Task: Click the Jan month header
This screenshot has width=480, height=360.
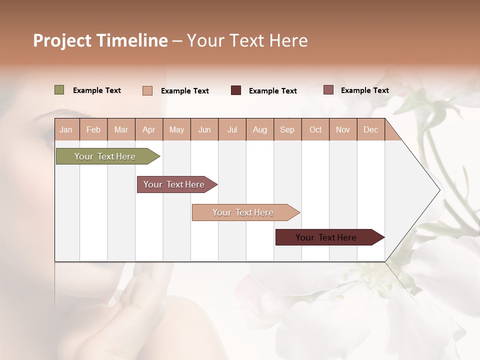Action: pyautogui.click(x=66, y=129)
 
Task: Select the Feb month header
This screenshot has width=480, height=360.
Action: pyautogui.click(x=93, y=129)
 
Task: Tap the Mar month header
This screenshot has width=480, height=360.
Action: pyautogui.click(x=121, y=129)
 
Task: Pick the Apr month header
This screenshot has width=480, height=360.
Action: pyautogui.click(x=149, y=129)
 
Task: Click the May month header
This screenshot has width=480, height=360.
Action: pyautogui.click(x=176, y=129)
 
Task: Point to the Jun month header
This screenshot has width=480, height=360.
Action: pyautogui.click(x=204, y=129)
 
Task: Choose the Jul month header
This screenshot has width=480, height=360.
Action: pyautogui.click(x=232, y=129)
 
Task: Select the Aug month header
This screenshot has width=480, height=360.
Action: pyautogui.click(x=260, y=129)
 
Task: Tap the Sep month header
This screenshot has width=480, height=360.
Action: pyautogui.click(x=287, y=129)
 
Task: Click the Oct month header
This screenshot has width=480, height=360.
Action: pyautogui.click(x=315, y=129)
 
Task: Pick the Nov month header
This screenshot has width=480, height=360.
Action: pyautogui.click(x=343, y=129)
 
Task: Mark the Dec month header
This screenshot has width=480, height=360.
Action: pyautogui.click(x=370, y=129)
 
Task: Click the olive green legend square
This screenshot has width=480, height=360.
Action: pyautogui.click(x=59, y=90)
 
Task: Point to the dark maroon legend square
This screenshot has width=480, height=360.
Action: pyautogui.click(x=236, y=90)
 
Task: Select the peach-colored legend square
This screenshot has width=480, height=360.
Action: pyautogui.click(x=147, y=90)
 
